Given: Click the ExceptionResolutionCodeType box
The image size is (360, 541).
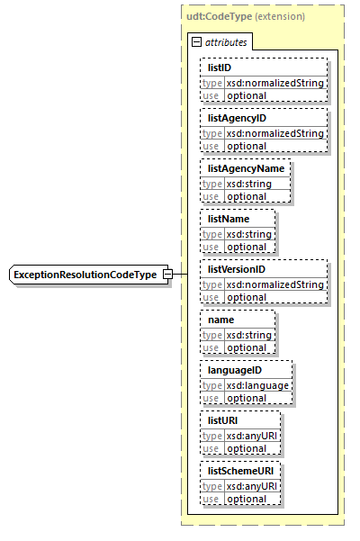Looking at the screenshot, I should (85, 274).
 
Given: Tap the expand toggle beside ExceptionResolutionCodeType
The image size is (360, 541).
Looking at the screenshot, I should (167, 274).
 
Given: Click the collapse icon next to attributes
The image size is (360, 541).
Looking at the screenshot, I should (197, 42).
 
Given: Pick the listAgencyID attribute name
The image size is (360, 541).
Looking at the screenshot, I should (237, 118).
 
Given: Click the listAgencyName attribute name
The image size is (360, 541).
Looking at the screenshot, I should (246, 168).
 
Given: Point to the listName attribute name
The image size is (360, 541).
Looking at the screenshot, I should (229, 219).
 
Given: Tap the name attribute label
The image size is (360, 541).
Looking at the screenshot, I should (220, 320).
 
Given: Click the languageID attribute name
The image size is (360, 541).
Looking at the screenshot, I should (234, 370).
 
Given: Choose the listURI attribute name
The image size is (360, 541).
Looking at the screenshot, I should (223, 420).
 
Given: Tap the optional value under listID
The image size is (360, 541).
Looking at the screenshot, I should (246, 95).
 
